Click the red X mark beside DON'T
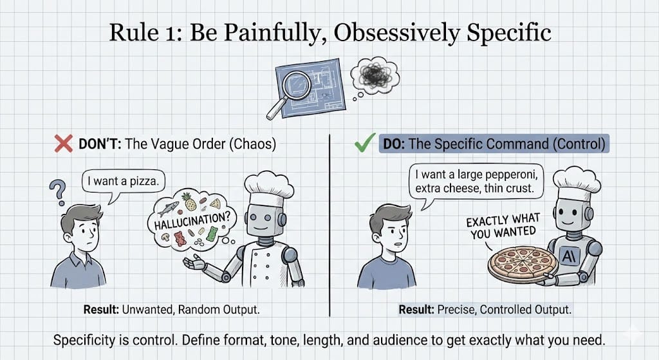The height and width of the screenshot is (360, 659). click(x=62, y=144)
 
